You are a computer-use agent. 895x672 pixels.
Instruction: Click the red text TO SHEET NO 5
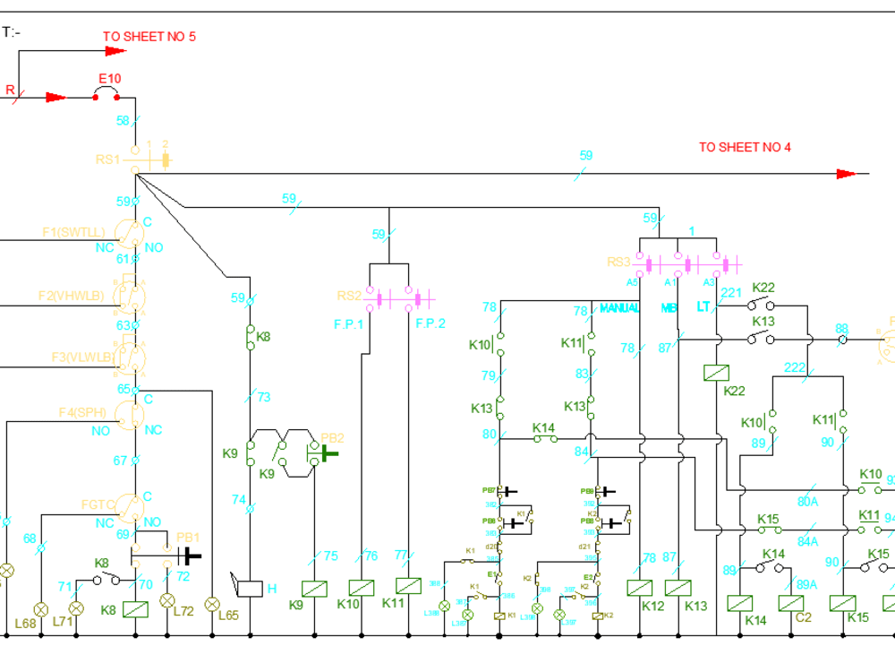[149, 37]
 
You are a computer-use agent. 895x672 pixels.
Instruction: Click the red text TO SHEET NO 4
[745, 147]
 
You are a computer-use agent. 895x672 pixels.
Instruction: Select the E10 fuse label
[109, 79]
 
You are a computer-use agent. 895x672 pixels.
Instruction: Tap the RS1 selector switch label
[107, 159]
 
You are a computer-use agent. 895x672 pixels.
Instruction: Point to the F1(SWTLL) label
[73, 232]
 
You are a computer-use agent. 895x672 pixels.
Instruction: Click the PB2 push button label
[333, 438]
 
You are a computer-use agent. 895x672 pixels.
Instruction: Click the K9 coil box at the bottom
[315, 588]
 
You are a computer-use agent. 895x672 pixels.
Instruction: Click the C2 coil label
[803, 618]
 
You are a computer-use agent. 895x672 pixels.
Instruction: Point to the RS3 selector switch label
[619, 262]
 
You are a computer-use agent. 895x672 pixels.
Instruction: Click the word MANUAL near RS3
[619, 308]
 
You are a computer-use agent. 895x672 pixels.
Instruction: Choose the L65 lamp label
[228, 616]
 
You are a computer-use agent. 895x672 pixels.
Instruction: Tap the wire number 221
[731, 292]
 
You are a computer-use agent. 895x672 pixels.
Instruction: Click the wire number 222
[795, 367]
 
